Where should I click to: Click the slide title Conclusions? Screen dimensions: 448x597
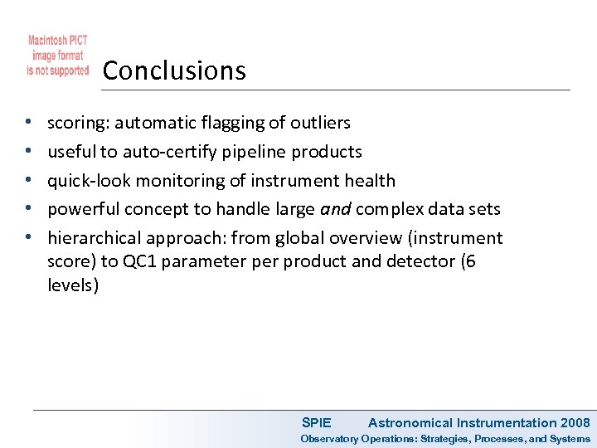tap(174, 71)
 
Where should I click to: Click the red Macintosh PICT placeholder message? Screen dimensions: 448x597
tap(58, 56)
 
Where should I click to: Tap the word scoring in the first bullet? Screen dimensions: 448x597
tap(77, 123)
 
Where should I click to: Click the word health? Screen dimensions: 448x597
tap(368, 181)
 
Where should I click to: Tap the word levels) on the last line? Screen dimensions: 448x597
tap(73, 286)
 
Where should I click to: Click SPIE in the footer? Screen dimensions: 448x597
tap(316, 423)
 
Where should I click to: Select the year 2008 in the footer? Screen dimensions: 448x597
tap(575, 423)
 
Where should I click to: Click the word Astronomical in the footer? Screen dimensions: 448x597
tap(410, 423)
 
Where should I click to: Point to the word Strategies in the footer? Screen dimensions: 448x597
tap(449, 439)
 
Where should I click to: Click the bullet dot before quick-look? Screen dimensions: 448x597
tap(28, 181)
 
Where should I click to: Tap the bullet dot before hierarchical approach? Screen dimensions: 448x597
tap(28, 239)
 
